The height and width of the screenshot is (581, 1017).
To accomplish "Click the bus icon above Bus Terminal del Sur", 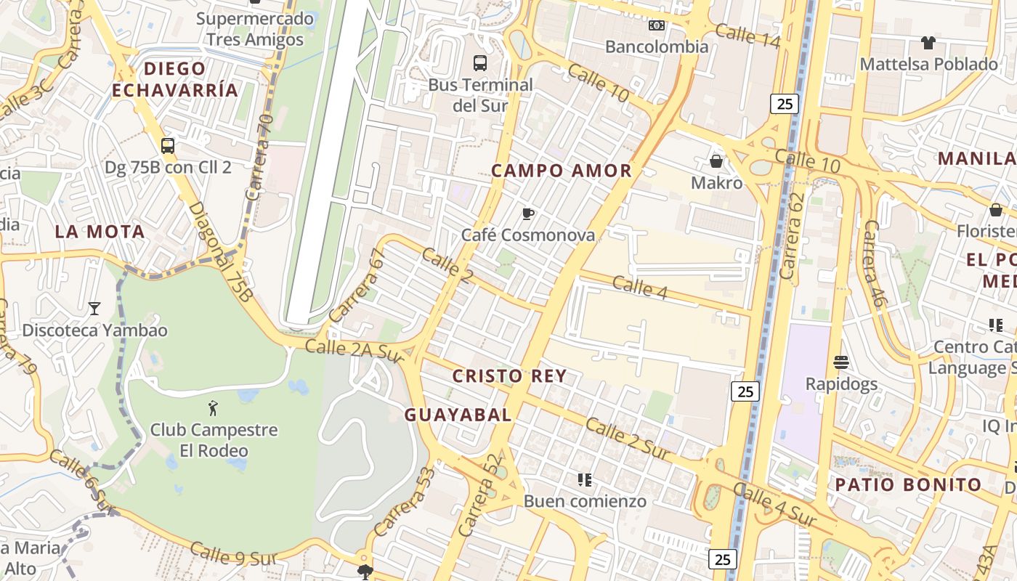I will [479, 63].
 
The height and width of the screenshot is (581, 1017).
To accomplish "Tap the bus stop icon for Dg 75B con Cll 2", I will [168, 146].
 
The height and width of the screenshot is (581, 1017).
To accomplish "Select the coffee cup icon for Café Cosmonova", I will [528, 214].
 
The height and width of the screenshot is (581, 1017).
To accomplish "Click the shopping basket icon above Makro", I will [716, 161].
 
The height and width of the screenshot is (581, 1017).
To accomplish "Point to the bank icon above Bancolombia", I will [657, 25].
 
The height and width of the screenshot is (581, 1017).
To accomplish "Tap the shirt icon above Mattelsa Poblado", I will [928, 43].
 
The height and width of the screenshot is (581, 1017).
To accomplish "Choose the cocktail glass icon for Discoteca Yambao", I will [94, 309].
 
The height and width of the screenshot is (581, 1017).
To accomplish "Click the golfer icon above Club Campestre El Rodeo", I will [213, 407].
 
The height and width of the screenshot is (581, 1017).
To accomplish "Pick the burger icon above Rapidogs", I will [841, 362].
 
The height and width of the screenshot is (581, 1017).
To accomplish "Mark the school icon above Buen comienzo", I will [585, 479].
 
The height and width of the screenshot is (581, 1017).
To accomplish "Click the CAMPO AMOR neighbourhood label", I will [562, 171].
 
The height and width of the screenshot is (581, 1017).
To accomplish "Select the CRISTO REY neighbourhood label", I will [509, 376].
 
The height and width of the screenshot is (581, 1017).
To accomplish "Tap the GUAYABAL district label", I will [458, 415].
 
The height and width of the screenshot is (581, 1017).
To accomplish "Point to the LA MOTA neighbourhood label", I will [100, 232].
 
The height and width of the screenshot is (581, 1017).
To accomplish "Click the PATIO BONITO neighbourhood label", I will [908, 484].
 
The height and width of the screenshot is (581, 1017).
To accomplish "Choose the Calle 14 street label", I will [747, 36].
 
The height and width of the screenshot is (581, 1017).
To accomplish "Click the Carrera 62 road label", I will [791, 235].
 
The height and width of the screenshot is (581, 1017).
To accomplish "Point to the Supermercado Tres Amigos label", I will [254, 29].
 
